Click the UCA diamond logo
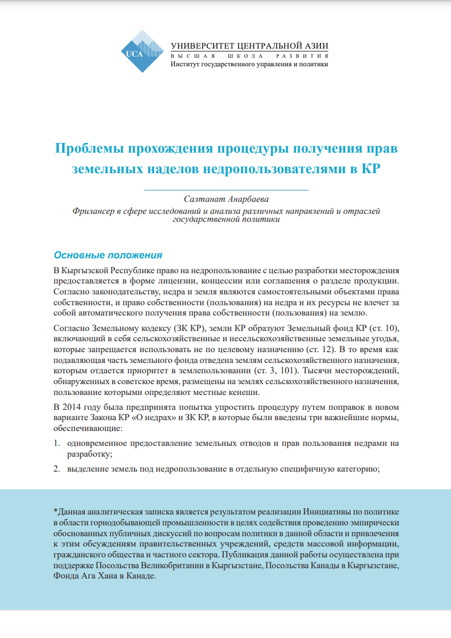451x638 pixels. click(x=140, y=50)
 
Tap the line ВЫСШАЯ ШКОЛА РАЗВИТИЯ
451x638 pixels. click(x=250, y=57)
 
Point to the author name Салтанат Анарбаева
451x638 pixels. click(x=225, y=199)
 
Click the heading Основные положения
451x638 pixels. click(x=108, y=255)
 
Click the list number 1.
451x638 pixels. click(x=57, y=443)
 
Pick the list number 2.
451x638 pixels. click(x=57, y=469)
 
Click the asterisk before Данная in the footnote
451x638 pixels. click(x=55, y=511)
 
